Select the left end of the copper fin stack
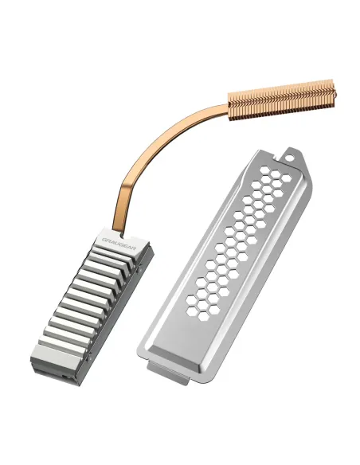[x=233, y=111]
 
